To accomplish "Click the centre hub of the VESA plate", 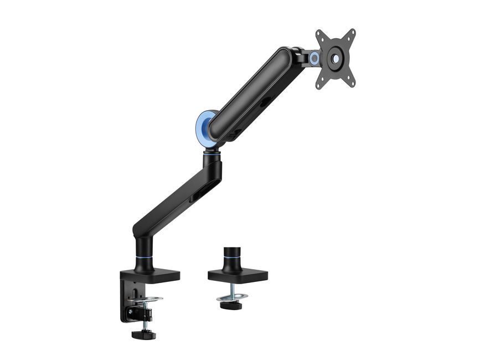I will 336,58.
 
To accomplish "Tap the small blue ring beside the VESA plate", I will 314,58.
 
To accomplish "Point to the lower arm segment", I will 177,194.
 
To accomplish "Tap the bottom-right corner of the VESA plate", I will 351,83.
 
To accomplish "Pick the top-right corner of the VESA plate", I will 352,32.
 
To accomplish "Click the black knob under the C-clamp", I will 143,334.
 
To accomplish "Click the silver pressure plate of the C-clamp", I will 147,300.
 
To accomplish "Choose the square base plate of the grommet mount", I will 238,275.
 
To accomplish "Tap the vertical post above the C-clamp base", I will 142,252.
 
